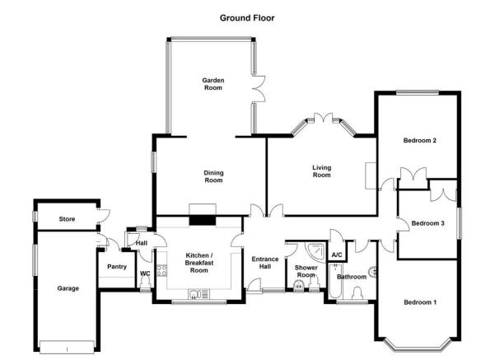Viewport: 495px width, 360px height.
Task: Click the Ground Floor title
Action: coord(247,18)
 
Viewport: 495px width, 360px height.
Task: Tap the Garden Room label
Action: coord(213,84)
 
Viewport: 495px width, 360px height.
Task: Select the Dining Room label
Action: coord(213,176)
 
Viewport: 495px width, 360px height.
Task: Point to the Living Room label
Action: coord(322,171)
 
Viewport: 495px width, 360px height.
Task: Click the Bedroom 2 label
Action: coord(420,141)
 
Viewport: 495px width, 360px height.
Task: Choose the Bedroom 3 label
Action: coord(427,223)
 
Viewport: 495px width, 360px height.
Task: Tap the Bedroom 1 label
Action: coord(420,302)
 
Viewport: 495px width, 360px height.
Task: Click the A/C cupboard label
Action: coord(337,255)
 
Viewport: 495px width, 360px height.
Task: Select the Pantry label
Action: coord(117,267)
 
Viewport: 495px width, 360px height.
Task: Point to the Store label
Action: coord(67,219)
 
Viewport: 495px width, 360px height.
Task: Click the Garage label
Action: coord(68,288)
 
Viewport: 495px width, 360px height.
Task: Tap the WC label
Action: coord(145,274)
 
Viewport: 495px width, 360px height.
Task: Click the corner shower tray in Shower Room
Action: coord(315,252)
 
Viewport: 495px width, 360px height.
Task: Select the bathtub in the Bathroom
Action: coord(335,282)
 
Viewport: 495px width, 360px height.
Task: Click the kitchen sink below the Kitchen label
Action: coord(198,294)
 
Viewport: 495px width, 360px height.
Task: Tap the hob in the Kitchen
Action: coord(162,270)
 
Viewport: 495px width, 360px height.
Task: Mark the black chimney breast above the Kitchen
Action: coord(203,221)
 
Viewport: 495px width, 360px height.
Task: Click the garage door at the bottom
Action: coord(67,347)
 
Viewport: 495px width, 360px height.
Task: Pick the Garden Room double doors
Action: coord(259,89)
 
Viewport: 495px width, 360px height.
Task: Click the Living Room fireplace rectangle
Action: coord(371,176)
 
